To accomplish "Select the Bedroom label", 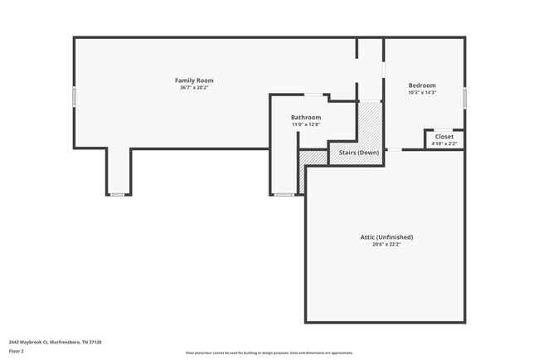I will click(421, 85).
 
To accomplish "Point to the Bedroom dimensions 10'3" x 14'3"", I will click(421, 93).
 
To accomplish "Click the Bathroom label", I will click(305, 118).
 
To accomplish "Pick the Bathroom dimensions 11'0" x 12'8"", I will click(305, 125).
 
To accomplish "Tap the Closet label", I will click(444, 136).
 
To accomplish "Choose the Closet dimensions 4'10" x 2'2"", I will click(444, 144).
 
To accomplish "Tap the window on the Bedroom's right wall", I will click(464, 97).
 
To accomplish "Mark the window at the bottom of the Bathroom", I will click(284, 195).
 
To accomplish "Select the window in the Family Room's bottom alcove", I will click(118, 195).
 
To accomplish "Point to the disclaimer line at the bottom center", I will click(269, 353).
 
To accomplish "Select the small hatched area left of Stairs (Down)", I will click(312, 157).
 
